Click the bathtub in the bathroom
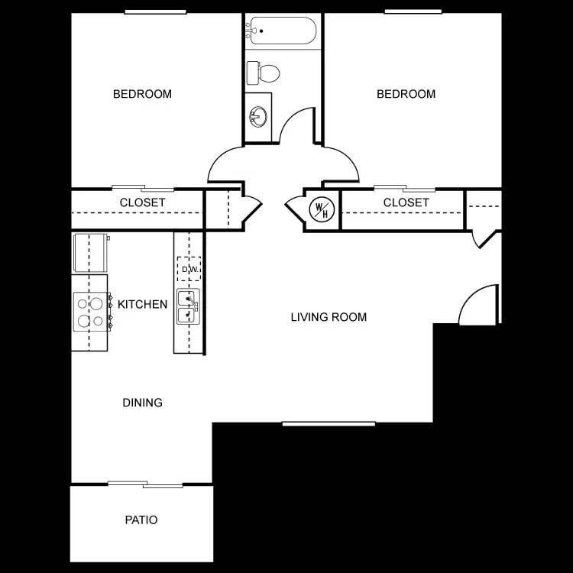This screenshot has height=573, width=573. click(280, 31)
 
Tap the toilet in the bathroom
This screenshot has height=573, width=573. click(264, 73)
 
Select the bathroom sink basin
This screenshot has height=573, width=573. click(258, 117)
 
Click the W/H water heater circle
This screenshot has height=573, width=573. click(320, 209)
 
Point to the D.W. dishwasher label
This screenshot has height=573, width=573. click(189, 270)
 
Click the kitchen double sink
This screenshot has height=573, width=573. click(187, 306)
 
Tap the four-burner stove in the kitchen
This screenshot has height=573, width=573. click(89, 312)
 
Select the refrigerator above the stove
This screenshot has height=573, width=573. click(90, 253)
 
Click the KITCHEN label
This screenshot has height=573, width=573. click(142, 304)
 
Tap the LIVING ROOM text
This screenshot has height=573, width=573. click(329, 317)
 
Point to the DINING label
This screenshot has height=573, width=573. click(142, 403)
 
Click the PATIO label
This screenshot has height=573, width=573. click(141, 520)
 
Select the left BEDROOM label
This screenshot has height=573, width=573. click(142, 94)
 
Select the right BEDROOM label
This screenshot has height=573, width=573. click(406, 94)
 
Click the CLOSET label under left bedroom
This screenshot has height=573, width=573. click(142, 202)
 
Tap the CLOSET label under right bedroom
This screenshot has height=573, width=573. click(406, 202)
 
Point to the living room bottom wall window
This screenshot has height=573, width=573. click(329, 423)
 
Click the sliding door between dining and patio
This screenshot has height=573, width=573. click(144, 484)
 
